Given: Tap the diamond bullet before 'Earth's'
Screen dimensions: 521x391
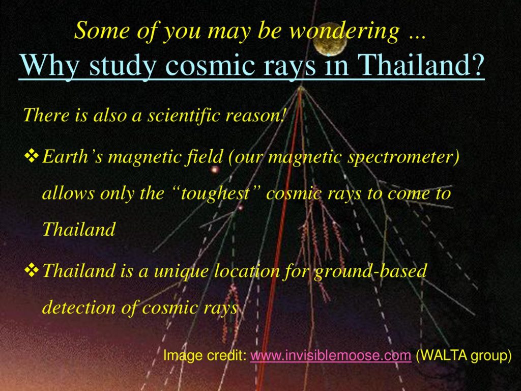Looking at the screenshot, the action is click(x=32, y=156).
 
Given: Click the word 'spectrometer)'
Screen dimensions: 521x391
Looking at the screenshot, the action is click(x=403, y=157).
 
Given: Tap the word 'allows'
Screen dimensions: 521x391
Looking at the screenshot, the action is click(x=69, y=193).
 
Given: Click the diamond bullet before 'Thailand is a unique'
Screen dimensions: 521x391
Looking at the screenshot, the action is click(x=32, y=270).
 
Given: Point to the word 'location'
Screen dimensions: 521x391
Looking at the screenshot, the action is click(x=247, y=270).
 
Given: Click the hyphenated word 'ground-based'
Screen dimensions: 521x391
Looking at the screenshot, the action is click(x=370, y=271).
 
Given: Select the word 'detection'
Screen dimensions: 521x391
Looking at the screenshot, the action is click(x=79, y=307).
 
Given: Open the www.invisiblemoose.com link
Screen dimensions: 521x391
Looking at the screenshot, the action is click(x=331, y=355).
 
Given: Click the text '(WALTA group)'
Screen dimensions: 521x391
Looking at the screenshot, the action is click(x=463, y=355).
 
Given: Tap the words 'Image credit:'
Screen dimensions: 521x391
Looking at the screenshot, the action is click(x=205, y=356).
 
